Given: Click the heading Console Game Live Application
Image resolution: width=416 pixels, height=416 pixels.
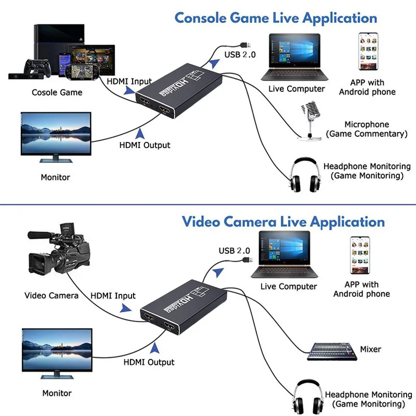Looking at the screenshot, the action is coord(276,18).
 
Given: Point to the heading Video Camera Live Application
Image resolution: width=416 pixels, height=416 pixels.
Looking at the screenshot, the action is coord(283,222).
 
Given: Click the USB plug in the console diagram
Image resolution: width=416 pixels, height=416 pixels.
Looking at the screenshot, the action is coord(245,45).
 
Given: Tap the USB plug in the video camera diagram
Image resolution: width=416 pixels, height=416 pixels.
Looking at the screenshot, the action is coord(248,259).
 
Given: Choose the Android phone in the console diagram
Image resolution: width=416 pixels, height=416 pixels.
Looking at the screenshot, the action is coord(368,51).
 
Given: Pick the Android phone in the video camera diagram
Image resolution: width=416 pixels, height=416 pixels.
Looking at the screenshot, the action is coord(360,255).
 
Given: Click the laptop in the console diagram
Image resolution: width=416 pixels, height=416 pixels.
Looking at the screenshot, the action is coord(294,57).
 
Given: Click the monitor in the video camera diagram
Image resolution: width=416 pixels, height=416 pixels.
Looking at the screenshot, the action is coord(57,354).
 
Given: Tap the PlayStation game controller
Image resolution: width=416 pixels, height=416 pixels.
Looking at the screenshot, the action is coord(37,68).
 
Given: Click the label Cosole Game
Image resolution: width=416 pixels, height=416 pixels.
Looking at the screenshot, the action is coord(57,93).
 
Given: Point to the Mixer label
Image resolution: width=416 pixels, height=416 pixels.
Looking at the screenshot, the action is coord(370,349).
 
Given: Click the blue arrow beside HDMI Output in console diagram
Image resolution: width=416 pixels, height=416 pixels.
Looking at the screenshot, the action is coord(140,134).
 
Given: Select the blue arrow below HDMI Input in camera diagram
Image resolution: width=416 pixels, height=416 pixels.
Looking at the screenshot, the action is coord(125,308).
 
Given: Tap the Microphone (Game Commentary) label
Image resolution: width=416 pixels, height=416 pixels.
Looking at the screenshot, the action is coord(367,129).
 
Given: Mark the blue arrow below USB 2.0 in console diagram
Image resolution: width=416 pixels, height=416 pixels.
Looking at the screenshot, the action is coord(214,63).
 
